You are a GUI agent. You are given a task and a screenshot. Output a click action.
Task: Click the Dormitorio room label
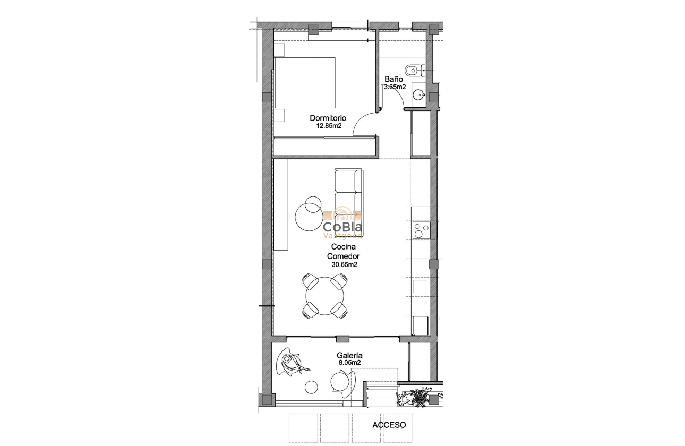tap(328, 118)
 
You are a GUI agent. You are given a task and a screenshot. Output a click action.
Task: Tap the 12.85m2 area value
tap(328, 126)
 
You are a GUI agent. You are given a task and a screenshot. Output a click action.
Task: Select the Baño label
tap(393, 79)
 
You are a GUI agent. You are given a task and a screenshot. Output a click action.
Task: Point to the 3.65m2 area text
tap(395, 87)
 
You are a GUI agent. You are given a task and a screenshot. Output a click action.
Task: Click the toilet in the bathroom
tap(412, 69)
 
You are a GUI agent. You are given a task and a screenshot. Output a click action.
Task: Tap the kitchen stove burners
tap(420, 230)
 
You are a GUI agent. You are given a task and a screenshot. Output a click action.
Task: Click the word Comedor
tap(343, 256)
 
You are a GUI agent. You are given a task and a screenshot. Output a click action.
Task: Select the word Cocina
tap(343, 247)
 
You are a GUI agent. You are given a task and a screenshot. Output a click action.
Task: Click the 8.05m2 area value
tap(349, 363)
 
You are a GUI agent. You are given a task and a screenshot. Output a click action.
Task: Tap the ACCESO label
tap(389, 425)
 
